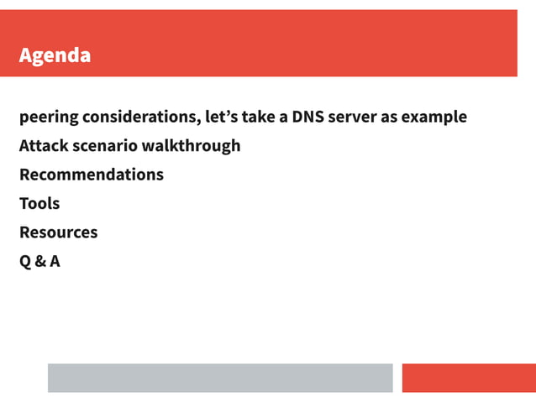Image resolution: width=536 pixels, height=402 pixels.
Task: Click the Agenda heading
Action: click(x=55, y=56)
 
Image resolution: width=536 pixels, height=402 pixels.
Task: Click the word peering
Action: click(x=48, y=117)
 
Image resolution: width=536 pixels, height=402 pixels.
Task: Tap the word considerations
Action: click(x=140, y=117)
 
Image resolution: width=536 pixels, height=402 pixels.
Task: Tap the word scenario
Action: click(x=107, y=145)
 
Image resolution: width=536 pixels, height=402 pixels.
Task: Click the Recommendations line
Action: click(x=91, y=175)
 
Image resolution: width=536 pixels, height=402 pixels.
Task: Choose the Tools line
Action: click(x=39, y=203)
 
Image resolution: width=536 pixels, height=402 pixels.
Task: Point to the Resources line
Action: click(x=58, y=232)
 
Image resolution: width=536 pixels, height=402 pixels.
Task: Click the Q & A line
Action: click(x=39, y=261)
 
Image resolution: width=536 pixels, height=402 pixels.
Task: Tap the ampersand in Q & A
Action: click(x=39, y=261)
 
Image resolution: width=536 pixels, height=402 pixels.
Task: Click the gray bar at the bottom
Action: click(x=220, y=378)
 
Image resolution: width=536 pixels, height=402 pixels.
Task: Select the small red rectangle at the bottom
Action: click(x=469, y=378)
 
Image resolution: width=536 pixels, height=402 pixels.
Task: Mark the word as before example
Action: click(x=389, y=117)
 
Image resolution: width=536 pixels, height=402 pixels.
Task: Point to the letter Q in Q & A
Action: click(x=25, y=261)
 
